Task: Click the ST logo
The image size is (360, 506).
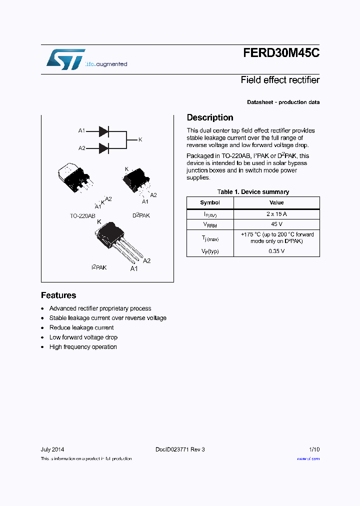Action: click(x=65, y=59)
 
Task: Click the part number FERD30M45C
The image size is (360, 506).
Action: click(x=281, y=53)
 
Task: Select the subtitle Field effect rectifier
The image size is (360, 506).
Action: click(x=280, y=80)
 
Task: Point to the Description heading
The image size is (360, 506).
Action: click(x=210, y=117)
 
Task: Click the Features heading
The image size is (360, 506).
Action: click(x=58, y=295)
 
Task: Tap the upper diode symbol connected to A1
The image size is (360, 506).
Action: click(x=103, y=131)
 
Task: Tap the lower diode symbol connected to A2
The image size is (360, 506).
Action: click(x=103, y=148)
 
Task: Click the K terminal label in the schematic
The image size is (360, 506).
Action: click(x=140, y=139)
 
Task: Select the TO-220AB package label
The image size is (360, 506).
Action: click(x=82, y=215)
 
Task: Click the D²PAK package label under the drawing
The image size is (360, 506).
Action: click(x=141, y=215)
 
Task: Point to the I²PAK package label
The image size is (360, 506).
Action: click(x=99, y=267)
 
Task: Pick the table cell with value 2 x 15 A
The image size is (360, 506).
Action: click(x=276, y=214)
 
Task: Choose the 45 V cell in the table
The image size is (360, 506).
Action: click(x=276, y=224)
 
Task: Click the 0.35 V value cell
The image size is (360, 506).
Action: click(x=276, y=251)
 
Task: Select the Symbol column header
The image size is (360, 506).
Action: click(x=210, y=202)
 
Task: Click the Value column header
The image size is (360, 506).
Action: click(x=276, y=202)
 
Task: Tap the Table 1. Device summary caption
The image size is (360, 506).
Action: click(x=253, y=192)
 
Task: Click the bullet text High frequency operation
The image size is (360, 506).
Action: click(x=83, y=347)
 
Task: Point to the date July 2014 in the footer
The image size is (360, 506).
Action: click(x=52, y=449)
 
